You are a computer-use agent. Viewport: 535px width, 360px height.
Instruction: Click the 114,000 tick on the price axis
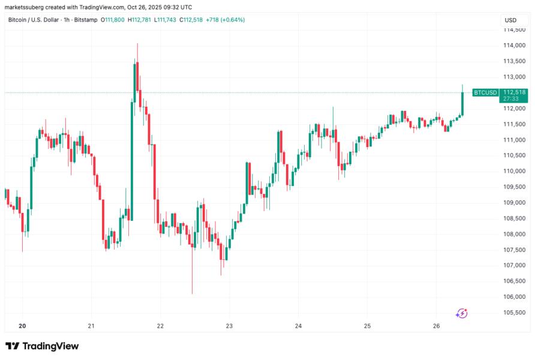pos(514,46)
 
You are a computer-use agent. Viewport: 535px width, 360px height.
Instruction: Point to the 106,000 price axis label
pos(514,297)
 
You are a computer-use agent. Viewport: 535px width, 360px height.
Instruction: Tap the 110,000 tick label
pos(514,171)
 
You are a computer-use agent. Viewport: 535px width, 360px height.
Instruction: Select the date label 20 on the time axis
pos(22,326)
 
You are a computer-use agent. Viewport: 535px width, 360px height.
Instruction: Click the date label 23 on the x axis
pos(229,326)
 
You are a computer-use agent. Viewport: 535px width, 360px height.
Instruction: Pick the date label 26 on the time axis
pos(436,326)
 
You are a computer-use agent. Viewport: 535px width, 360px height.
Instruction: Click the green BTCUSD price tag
pos(485,92)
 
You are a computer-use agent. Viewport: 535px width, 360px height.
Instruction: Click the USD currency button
pos(510,20)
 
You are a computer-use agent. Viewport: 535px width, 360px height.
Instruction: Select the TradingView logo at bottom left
pos(42,346)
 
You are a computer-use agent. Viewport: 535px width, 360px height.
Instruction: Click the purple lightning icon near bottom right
pos(461,313)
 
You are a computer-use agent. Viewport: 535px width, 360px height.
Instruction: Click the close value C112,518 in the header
pos(187,20)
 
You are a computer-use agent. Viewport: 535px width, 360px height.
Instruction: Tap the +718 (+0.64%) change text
pos(225,20)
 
